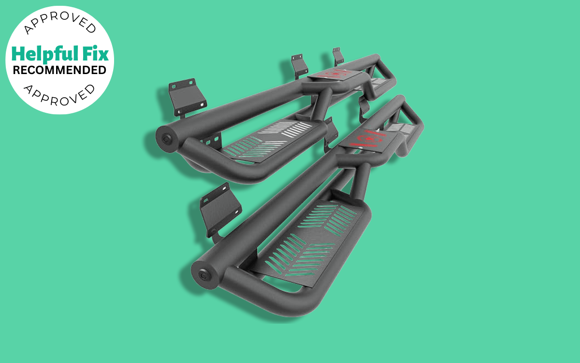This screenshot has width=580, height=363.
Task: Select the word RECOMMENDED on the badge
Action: (x=59, y=70)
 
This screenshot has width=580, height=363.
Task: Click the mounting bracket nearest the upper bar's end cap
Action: (x=186, y=97)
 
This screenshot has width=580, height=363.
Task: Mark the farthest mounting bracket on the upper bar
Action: (x=337, y=55)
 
